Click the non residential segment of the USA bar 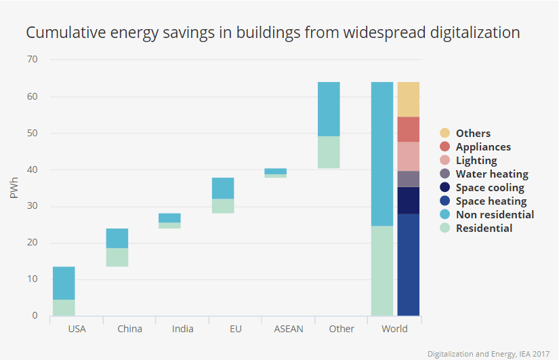point(64,283)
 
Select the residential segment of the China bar point(117,257)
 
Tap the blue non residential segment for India point(169,218)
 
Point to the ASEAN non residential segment point(275,171)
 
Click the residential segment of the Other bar point(329,152)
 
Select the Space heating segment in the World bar point(408,264)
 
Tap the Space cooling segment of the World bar point(408,200)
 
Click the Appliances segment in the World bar point(408,129)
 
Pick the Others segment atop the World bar point(408,99)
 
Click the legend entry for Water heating point(482,174)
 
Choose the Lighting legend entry point(476,161)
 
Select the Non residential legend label point(494,215)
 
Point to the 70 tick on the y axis point(33,60)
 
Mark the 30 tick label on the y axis point(33,206)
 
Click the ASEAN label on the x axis point(289,329)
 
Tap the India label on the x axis point(182,329)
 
